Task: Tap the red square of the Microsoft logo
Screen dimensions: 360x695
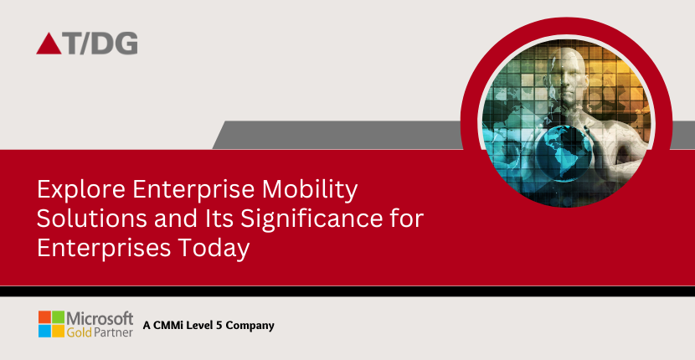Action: [44, 317]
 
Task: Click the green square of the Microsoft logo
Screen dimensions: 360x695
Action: [58, 317]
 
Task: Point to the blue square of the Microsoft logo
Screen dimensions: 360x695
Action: [44, 330]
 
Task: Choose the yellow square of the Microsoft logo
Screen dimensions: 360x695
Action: [58, 330]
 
